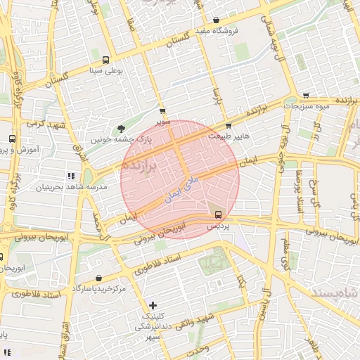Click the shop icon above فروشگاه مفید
pos(216,20)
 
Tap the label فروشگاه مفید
pos(217,32)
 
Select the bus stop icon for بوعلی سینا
pos(105,60)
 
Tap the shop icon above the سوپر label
pos(163,111)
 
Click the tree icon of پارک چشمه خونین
pos(122,129)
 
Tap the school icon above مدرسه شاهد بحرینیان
pos(70,175)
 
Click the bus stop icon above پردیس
pos(217,214)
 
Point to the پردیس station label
pos(217,228)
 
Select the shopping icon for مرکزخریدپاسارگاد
pos(98,278)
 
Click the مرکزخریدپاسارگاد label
pos(98,289)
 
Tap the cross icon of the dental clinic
pos(153,305)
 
